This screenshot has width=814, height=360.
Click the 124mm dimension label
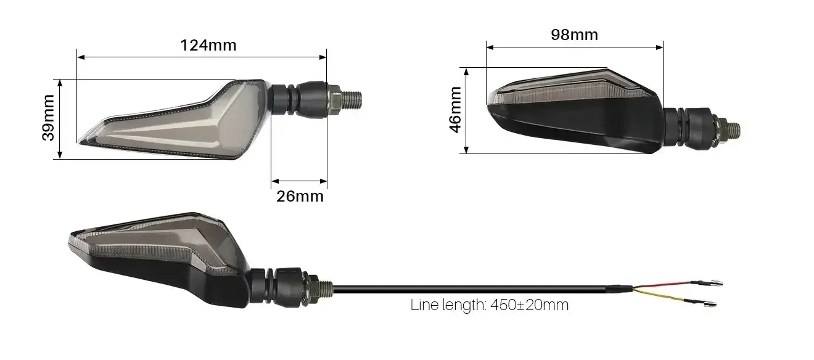pyautogui.click(x=208, y=46)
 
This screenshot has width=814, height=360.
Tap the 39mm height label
pyautogui.click(x=48, y=118)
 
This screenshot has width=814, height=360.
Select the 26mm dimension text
pyautogui.click(x=300, y=197)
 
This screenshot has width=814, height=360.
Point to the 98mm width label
pyautogui.click(x=574, y=35)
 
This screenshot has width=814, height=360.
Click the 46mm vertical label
pyautogui.click(x=455, y=110)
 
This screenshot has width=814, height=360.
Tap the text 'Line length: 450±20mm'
pyautogui.click(x=490, y=305)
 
